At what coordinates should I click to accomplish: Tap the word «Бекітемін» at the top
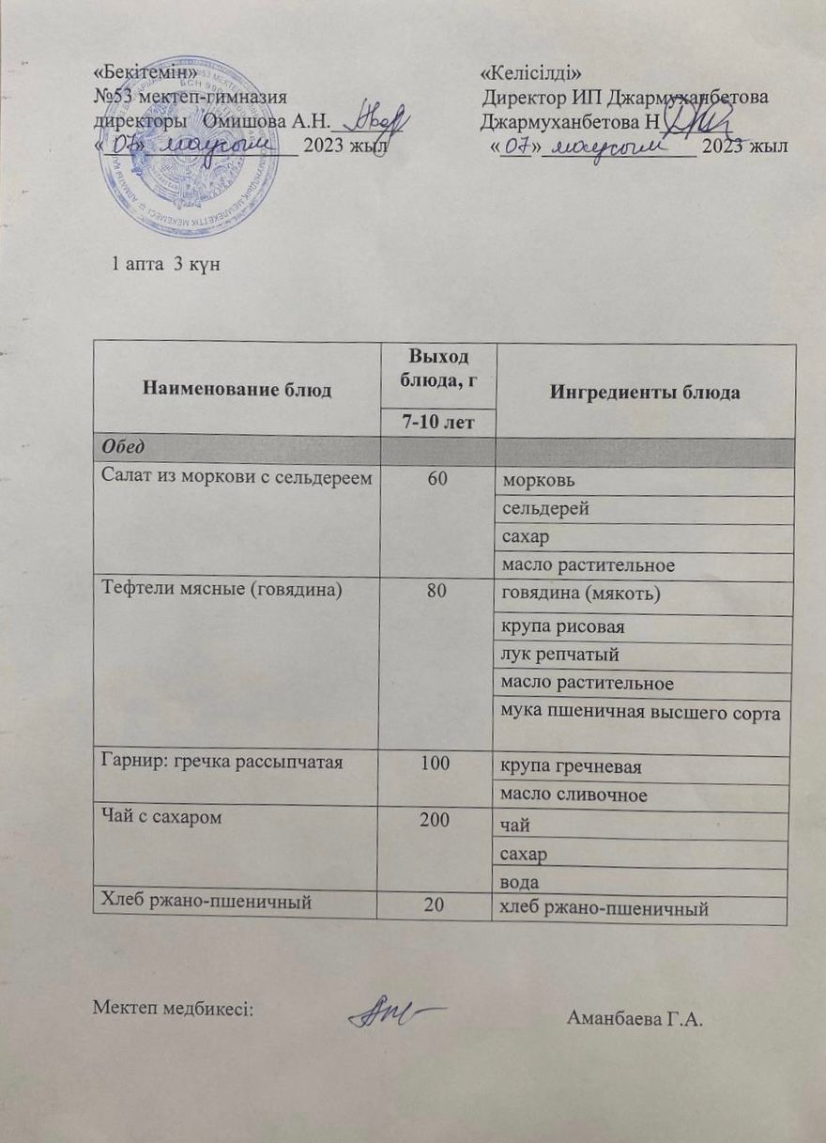[146, 73]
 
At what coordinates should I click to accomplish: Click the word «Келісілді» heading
[531, 73]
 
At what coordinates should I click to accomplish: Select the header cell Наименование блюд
[237, 390]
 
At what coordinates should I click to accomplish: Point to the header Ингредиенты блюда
[646, 392]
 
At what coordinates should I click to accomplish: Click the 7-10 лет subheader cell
[437, 424]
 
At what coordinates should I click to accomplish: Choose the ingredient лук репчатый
[560, 655]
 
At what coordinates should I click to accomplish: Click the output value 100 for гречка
[437, 765]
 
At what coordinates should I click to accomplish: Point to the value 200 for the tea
[437, 820]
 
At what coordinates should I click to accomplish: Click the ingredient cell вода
[523, 882]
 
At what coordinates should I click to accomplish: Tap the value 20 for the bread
[437, 907]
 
